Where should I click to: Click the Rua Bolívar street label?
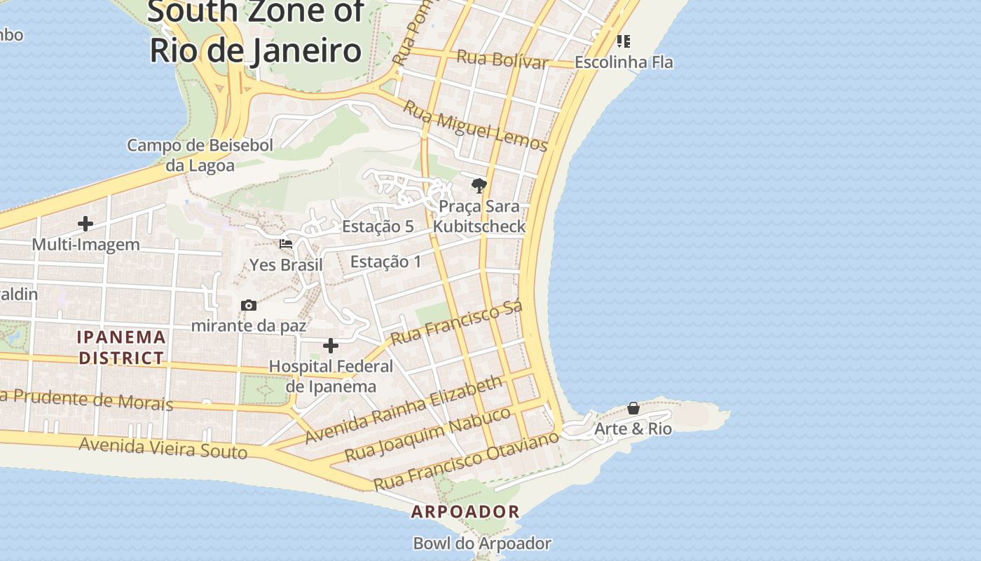coord(502,59)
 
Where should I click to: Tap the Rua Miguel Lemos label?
coord(476,127)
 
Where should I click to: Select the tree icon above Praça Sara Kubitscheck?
coord(479,186)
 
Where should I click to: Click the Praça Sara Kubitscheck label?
coord(479,217)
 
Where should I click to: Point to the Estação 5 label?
coord(378,227)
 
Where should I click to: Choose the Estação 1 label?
coord(386,262)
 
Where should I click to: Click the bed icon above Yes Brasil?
coord(286,245)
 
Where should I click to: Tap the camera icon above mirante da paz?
coord(248,305)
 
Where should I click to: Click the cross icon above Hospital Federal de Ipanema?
coord(331,346)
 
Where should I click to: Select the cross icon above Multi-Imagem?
coord(85,224)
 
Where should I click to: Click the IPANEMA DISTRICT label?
coord(122,348)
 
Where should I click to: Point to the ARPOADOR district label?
coord(465,512)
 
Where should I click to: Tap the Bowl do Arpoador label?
coord(482,543)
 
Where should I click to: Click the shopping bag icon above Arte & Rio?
coord(633,408)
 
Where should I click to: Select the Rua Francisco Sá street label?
coord(456,324)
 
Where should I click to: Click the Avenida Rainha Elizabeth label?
coord(404,410)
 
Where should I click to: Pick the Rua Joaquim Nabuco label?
coord(428,435)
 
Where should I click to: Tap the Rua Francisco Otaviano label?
coord(466,461)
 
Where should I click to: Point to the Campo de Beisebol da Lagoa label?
coord(200,156)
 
